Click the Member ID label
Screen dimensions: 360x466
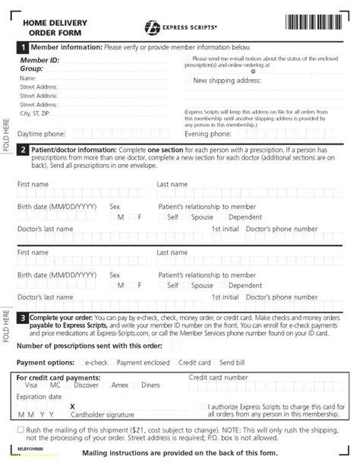[x=39, y=59]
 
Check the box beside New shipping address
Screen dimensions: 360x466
[x=188, y=80]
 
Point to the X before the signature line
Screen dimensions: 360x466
[x=73, y=406]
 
